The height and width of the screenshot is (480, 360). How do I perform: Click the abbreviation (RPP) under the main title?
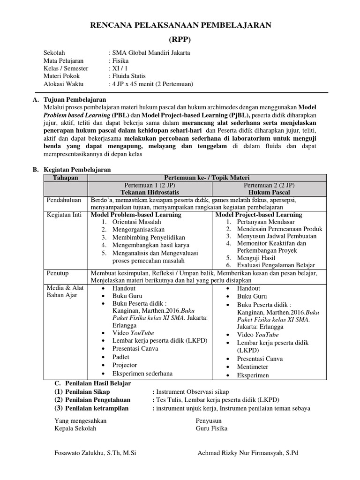tap(180, 39)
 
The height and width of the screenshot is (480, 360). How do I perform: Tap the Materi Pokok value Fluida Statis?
tap(128, 76)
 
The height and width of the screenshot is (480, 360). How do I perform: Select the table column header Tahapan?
tap(65, 178)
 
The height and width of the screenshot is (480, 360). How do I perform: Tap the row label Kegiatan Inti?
tap(64, 215)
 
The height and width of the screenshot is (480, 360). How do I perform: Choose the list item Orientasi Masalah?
tap(136, 222)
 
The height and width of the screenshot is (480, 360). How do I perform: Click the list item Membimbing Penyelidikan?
tap(149, 238)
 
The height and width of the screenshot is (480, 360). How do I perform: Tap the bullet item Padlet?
tap(121, 356)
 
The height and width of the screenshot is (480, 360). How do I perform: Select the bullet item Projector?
tap(125, 365)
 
